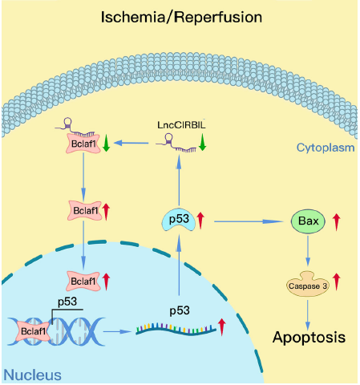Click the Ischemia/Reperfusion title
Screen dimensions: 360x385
(x=181, y=17)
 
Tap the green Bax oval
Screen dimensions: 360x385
(x=308, y=221)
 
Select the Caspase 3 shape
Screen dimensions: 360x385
(x=308, y=284)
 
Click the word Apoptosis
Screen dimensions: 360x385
(x=309, y=338)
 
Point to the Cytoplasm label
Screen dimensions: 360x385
(x=326, y=148)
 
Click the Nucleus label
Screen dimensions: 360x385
(x=32, y=375)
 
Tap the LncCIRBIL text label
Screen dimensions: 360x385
(x=181, y=125)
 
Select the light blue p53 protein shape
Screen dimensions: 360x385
(x=179, y=221)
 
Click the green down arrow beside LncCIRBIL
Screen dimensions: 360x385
(x=203, y=142)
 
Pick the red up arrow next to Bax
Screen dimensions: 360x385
(x=337, y=222)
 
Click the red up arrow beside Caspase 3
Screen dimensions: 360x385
(x=337, y=282)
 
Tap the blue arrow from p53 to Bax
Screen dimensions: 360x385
(x=249, y=221)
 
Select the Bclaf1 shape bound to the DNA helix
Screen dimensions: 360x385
(x=33, y=331)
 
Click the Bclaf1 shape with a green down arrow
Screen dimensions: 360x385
(x=83, y=144)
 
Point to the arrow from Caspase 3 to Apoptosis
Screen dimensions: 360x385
(x=308, y=315)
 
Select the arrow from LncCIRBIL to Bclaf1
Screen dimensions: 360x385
(x=131, y=143)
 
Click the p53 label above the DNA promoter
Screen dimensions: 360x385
(x=67, y=302)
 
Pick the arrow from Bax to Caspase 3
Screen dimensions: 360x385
(x=308, y=250)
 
